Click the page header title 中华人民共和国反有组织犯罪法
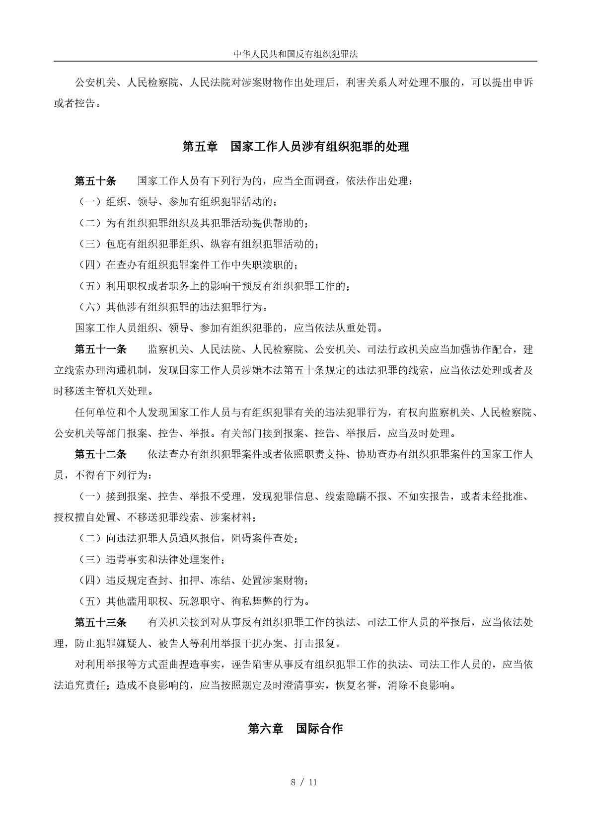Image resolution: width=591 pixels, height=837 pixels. (x=295, y=54)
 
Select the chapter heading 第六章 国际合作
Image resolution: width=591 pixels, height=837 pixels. (x=295, y=729)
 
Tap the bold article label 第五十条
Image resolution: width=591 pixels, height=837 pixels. (x=95, y=181)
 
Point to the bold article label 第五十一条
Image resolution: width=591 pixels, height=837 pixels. (x=100, y=349)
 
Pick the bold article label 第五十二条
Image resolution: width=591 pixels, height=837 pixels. (x=100, y=454)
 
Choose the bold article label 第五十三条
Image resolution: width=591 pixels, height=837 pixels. (x=100, y=622)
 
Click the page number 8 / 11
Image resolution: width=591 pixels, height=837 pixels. (x=304, y=782)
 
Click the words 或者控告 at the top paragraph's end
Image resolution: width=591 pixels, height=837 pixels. (x=74, y=104)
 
